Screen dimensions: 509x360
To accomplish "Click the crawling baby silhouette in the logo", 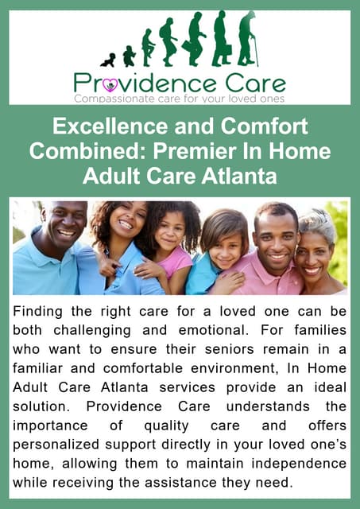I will click(108, 60).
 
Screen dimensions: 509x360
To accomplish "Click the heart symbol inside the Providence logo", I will click(110, 84).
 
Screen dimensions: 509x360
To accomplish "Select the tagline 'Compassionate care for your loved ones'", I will click(179, 98).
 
